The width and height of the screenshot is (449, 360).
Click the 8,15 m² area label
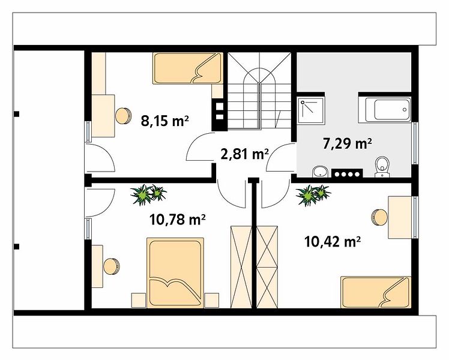point(164,121)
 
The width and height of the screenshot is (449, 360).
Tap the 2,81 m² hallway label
point(244,154)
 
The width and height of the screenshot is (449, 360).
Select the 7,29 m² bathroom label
point(348,143)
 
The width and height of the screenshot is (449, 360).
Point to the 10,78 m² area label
point(177,220)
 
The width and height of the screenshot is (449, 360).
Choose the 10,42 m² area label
point(332,242)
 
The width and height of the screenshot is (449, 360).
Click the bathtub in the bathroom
point(388,110)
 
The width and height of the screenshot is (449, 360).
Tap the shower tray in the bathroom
point(311,111)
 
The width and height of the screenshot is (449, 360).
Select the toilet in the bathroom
point(382,167)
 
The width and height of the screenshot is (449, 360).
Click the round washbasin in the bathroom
point(320,172)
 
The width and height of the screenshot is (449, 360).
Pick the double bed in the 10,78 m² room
point(175,273)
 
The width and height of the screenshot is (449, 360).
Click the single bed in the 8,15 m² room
point(188,68)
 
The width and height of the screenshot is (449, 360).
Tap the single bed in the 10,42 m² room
point(376,292)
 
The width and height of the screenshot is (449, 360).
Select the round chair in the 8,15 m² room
point(123,116)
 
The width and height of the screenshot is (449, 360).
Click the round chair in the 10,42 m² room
point(379,217)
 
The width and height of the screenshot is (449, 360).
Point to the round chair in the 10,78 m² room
point(112,266)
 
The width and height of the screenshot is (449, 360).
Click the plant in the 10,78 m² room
point(148,194)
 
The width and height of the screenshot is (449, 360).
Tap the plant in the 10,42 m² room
point(313,194)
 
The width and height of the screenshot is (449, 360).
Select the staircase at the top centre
point(259,91)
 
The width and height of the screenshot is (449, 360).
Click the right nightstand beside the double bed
point(212,301)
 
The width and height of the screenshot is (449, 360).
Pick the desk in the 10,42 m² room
point(400,217)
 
